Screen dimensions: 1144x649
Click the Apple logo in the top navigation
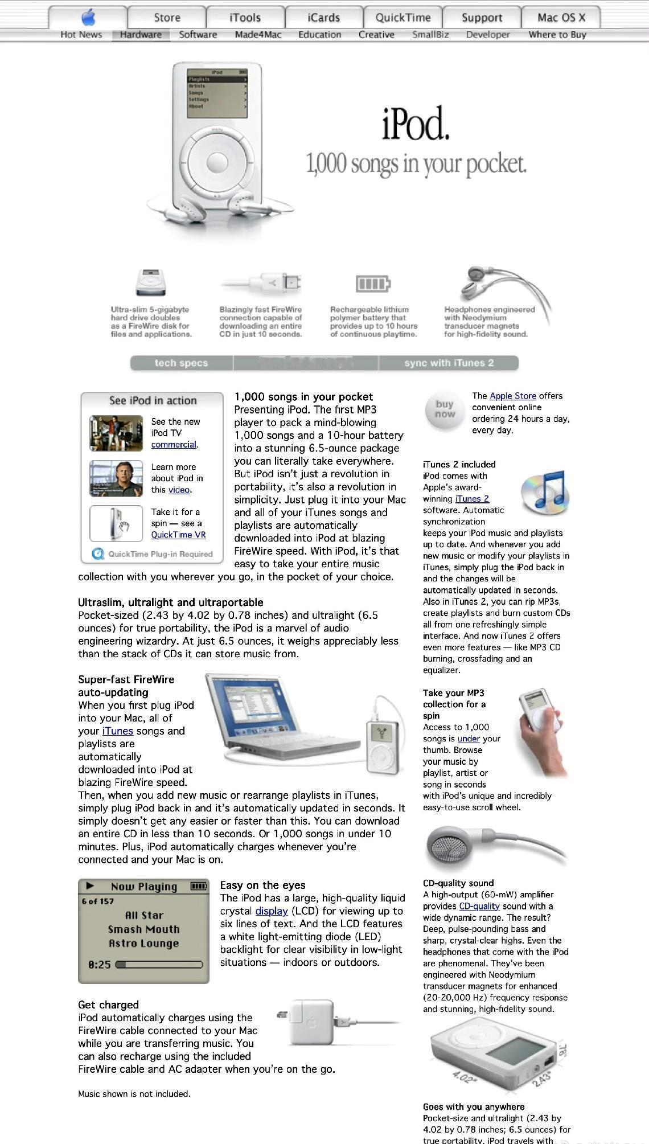88,17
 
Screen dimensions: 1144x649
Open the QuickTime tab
402,18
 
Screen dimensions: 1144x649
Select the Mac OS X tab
561,18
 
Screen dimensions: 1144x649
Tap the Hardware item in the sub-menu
141,35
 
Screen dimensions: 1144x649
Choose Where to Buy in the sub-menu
557,35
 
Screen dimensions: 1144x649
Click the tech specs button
181,363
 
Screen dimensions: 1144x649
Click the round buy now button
445,409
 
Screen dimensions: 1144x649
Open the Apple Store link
512,396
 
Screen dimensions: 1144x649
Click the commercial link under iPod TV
174,445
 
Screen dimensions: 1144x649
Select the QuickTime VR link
178,535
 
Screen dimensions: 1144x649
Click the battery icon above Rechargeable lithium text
373,283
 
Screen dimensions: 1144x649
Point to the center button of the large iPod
217,163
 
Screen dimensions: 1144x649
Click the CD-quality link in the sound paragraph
479,906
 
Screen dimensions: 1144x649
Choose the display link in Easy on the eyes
271,911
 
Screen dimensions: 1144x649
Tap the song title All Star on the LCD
144,915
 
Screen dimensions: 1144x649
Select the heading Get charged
108,1004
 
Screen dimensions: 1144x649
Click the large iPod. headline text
416,124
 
